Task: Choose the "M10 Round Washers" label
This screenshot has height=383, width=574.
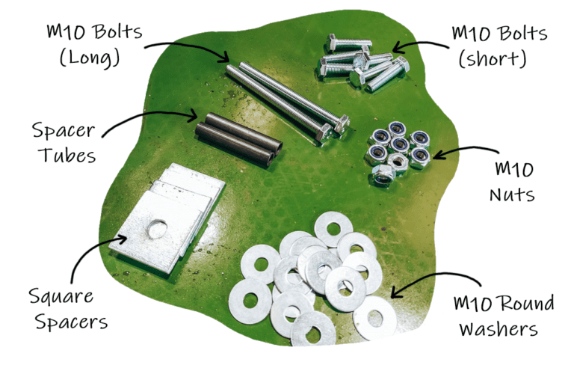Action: [x=504, y=316]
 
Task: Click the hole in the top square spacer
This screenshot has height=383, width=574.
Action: [x=156, y=228]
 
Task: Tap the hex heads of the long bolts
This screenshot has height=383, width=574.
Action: [x=332, y=129]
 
